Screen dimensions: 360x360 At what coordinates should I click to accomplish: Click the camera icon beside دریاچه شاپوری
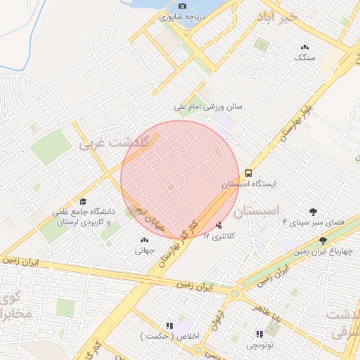click(183, 6)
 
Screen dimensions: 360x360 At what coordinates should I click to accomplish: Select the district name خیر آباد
click(278, 15)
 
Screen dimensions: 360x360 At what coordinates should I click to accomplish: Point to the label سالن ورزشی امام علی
click(208, 108)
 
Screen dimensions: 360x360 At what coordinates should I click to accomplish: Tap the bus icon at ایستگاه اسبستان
click(248, 173)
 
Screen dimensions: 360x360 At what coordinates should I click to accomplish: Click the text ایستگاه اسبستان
click(250, 184)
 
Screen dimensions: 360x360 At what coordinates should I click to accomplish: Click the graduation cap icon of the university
click(84, 201)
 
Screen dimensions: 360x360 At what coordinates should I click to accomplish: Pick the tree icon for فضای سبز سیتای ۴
click(313, 211)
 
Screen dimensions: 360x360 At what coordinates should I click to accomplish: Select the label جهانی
click(143, 250)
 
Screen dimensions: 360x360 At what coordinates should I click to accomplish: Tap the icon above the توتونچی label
click(259, 334)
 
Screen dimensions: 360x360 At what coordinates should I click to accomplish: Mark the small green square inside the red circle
click(171, 186)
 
